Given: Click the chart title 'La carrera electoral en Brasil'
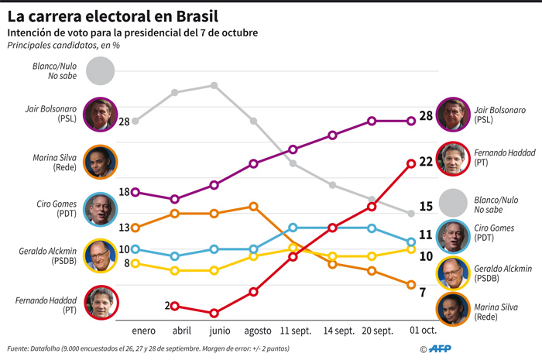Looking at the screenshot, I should point(113,15).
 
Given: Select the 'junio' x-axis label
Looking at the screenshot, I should point(214,331).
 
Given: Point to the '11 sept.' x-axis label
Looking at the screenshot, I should point(293,331).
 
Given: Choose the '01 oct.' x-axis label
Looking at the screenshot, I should point(423,331).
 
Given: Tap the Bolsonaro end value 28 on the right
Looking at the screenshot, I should point(425,116).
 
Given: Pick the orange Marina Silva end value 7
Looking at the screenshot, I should point(422,292).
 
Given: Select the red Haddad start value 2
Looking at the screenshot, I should point(166,306).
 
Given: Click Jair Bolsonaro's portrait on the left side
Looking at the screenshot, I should point(98,113).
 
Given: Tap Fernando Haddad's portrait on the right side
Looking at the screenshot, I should point(452,159).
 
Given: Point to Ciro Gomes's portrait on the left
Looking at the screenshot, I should point(98,208).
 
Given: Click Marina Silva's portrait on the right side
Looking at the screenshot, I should point(452,309).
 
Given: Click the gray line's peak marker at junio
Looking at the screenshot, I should point(214,85).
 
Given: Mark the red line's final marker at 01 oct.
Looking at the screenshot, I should point(410,163).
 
